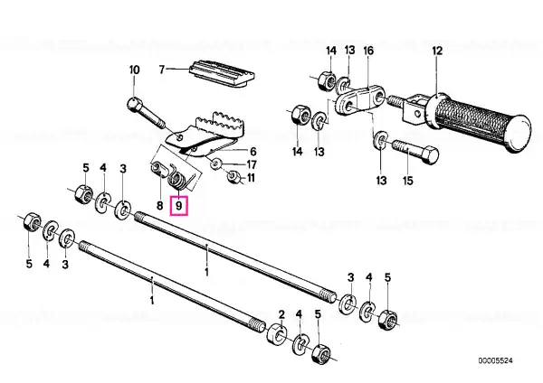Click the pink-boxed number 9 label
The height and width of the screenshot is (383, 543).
tap(178, 206)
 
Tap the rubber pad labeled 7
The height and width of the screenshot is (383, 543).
tap(222, 74)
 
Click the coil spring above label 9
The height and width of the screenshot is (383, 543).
tap(178, 181)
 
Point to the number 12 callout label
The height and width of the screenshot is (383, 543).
tap(437, 51)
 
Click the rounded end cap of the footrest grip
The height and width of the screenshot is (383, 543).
tap(518, 133)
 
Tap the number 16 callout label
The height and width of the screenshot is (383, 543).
tap(368, 51)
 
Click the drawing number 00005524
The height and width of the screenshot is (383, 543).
tap(495, 361)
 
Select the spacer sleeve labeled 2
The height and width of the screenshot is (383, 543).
tap(277, 333)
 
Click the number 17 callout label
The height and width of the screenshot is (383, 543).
tap(252, 164)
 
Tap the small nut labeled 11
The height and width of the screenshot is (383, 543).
tap(233, 177)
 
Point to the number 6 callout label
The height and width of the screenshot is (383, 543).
tap(253, 152)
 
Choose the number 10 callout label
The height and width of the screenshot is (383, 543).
tap(134, 70)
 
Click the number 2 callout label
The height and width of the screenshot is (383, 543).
tap(281, 314)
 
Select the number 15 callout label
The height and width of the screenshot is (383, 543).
tap(408, 181)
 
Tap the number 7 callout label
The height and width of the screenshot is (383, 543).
tap(162, 70)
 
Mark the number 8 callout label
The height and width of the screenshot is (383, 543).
tap(159, 206)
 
